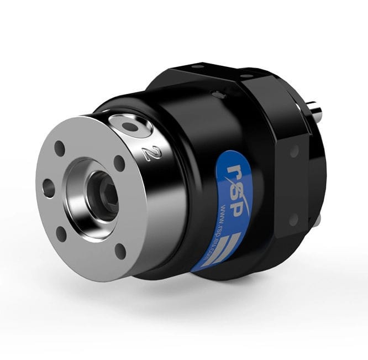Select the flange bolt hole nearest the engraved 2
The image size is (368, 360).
(119, 163)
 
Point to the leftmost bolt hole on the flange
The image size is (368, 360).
(49, 189)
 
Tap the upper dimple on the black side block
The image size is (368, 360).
(295, 150)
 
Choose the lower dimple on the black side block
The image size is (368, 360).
(293, 219)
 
